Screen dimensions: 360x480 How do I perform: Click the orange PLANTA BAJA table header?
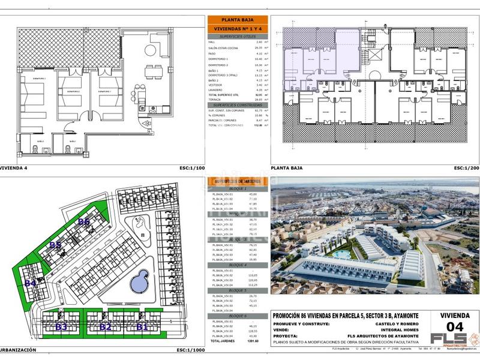pyautogui.click(x=237, y=19)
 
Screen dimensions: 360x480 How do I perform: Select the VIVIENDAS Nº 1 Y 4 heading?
pyautogui.click(x=237, y=28)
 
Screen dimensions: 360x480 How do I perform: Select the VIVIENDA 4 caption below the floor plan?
pyautogui.click(x=14, y=169)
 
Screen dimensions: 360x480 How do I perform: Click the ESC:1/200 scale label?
pyautogui.click(x=466, y=169)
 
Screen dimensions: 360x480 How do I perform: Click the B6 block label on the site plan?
pyautogui.click(x=83, y=221)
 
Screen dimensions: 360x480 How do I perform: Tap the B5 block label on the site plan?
pyautogui.click(x=55, y=245)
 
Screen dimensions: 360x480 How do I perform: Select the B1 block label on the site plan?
pyautogui.click(x=142, y=327)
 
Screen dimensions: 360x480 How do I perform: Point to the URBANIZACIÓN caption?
pyautogui.click(x=18, y=349)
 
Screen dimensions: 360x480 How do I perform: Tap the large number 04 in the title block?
pyautogui.click(x=455, y=327)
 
